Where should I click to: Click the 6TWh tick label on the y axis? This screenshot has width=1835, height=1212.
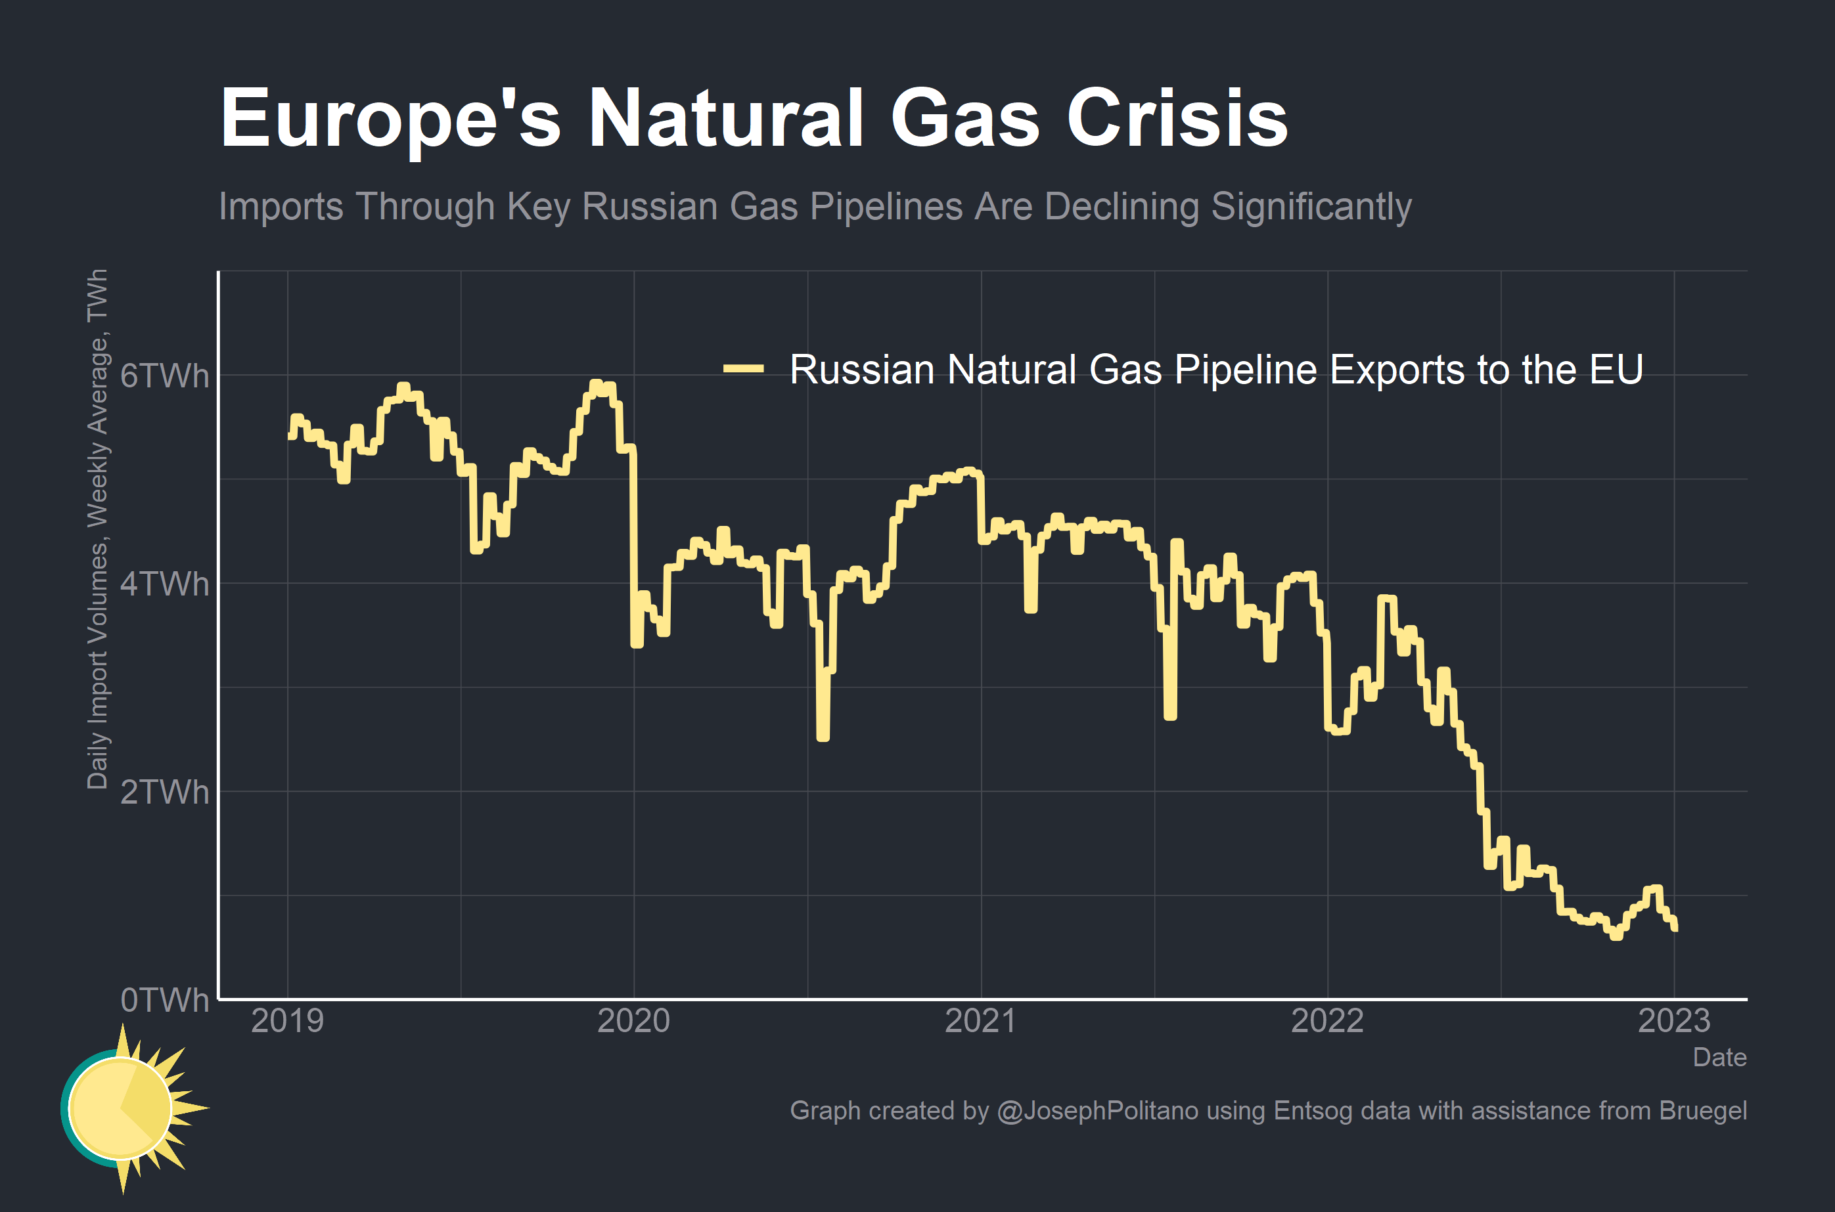[x=164, y=376]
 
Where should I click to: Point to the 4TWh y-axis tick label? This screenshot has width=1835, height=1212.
[x=164, y=584]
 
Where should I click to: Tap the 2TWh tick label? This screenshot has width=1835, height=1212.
[x=164, y=792]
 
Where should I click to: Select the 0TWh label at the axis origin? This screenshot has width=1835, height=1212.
[x=164, y=1000]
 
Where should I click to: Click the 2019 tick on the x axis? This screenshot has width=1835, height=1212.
[x=287, y=1021]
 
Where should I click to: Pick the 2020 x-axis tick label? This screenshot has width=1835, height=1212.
[x=633, y=1021]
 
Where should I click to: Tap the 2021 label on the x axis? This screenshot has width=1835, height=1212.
[x=980, y=1021]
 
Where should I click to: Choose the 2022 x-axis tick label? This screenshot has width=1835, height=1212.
[x=1327, y=1021]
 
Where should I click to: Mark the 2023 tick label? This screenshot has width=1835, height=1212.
[x=1674, y=1021]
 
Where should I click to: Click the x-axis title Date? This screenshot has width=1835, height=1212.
[x=1719, y=1058]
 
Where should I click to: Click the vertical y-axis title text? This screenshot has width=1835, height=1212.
[x=97, y=529]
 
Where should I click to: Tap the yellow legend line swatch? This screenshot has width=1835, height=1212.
[x=743, y=369]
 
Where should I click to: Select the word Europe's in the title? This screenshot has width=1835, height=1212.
[x=390, y=118]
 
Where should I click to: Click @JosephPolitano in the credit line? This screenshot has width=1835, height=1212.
[x=1097, y=1111]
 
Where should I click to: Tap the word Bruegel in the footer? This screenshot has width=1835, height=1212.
[x=1703, y=1111]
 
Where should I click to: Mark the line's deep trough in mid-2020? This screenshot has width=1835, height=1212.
[x=823, y=736]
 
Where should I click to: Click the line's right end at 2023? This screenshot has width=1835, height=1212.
[x=1675, y=927]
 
